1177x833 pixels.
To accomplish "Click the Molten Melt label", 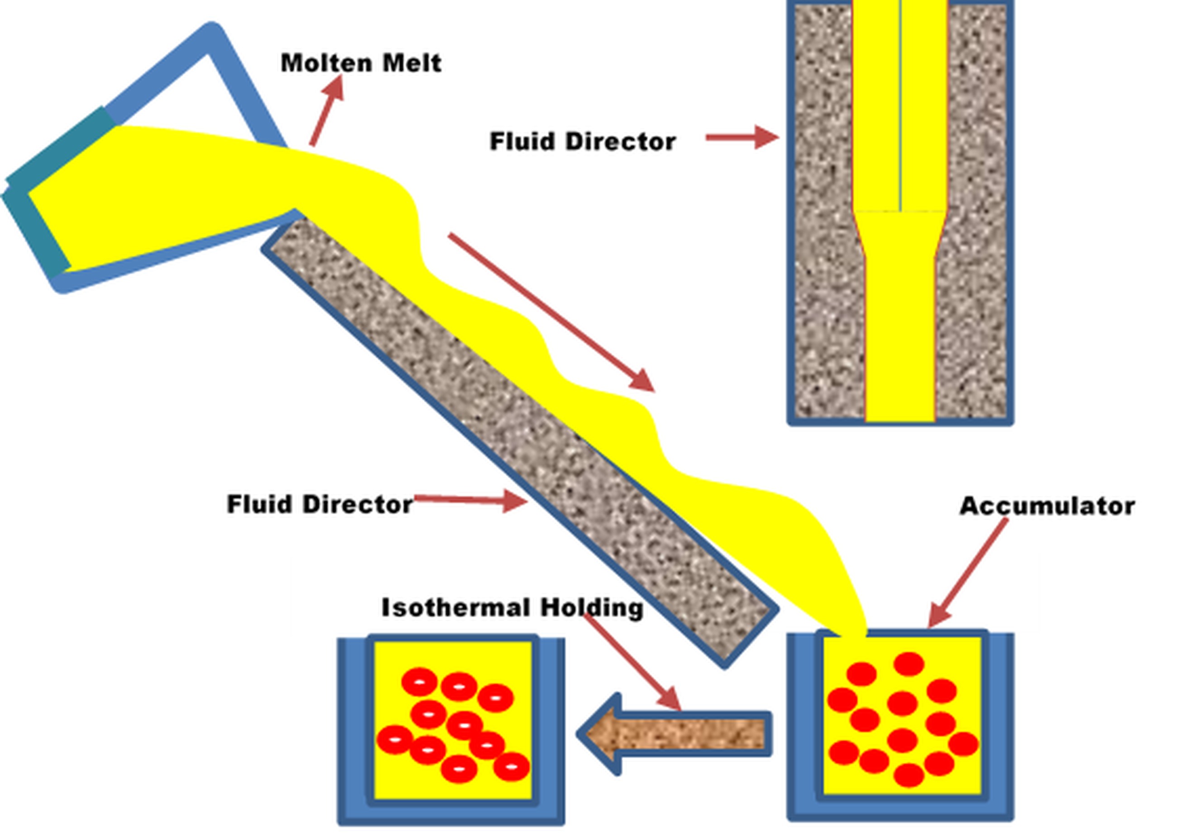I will tap(361, 63).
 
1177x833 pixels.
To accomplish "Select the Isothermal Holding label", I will tap(512, 607).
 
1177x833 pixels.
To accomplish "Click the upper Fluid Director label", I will tap(583, 142).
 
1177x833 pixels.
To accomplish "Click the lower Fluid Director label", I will tap(319, 504).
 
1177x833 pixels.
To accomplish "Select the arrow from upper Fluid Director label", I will tap(742, 137).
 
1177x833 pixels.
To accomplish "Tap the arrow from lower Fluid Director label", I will tap(472, 499).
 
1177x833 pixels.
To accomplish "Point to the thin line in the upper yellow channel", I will tap(900, 102).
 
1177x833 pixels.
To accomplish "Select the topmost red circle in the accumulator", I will tap(909, 664).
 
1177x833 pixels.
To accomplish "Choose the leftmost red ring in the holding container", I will tap(395, 740).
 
